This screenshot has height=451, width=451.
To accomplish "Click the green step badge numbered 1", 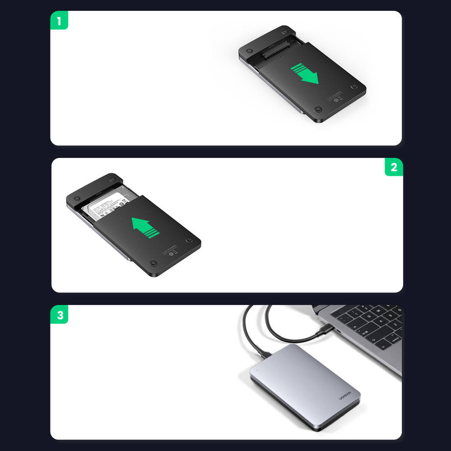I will coord(59,21).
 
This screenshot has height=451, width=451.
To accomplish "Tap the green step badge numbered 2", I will coord(394,167).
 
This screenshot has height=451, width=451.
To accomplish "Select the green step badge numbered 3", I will coord(60,315).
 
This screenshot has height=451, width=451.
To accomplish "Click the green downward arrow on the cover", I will coord(304,74).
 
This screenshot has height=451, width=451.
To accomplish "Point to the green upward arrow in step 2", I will coord(146,227).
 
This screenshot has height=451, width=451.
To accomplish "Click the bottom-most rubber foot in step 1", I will coord(318,110).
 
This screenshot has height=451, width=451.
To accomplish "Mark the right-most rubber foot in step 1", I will coord(354,86).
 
